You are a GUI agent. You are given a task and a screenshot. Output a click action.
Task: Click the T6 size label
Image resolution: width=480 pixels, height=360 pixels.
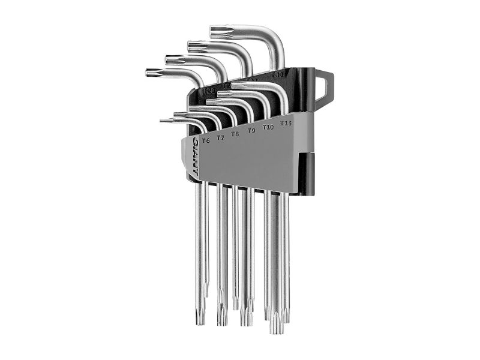pos(206,140)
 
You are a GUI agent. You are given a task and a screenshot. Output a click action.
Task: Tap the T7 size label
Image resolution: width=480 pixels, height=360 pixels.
pos(220,137)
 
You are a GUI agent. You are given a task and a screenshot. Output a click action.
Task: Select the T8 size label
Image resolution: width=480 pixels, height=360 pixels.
pos(235,134)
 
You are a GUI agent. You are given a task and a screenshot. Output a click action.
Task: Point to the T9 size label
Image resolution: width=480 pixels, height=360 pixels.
pos(251,130)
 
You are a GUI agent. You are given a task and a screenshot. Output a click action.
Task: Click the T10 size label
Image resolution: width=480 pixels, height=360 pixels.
pos(268,127)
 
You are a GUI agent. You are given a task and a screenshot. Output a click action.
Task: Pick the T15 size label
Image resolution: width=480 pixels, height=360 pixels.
pos(286,124)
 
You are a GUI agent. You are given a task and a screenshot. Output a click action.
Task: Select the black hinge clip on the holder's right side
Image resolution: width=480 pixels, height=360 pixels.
pos(311,174)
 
